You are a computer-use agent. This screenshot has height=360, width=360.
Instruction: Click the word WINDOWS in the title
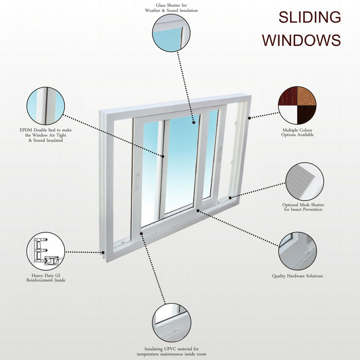(301, 40)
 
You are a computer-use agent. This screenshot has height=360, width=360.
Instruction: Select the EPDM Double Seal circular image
(46, 106)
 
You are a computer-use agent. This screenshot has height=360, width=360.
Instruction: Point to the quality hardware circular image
(297, 251)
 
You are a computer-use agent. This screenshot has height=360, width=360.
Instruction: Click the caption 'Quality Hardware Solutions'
(297, 276)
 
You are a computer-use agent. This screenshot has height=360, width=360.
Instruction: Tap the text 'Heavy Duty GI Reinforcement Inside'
(46, 278)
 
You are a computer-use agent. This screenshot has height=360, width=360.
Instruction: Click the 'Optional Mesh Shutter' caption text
(303, 205)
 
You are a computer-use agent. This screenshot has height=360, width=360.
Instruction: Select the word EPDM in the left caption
(27, 130)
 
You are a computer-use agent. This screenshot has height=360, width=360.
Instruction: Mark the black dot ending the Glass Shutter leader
(193, 121)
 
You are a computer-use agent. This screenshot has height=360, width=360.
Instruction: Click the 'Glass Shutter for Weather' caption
(171, 8)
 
